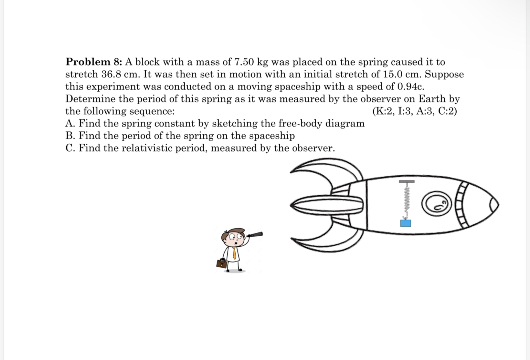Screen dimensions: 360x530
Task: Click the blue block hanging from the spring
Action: pos(406,223)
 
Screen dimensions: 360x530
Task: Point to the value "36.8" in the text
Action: pos(111,74)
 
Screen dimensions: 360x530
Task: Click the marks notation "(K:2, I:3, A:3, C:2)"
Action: pos(415,111)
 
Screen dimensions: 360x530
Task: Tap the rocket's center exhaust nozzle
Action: pos(326,205)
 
